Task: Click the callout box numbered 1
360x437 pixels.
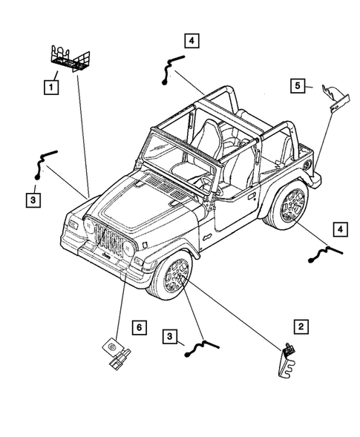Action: click(50, 88)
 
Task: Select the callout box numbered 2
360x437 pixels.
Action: click(301, 326)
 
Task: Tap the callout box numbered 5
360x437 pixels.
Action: click(296, 87)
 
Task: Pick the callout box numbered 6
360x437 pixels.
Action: click(137, 326)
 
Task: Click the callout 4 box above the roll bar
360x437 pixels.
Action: click(192, 41)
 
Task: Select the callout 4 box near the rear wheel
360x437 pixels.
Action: click(338, 230)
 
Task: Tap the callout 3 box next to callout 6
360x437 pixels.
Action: click(171, 338)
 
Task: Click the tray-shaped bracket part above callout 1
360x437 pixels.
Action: click(70, 57)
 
